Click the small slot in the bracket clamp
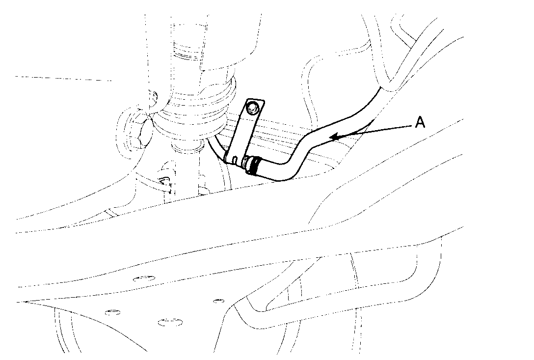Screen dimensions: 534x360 coord(235,160)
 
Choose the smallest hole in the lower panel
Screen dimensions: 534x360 coord(216,300)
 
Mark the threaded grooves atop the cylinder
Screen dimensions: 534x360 coord(188,49)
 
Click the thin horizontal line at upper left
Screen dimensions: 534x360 coord(64,78)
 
